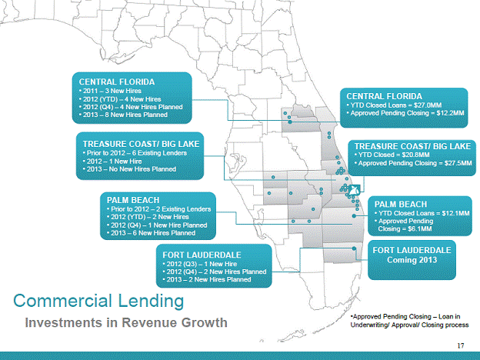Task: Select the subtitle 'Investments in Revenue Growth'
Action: pos(128,322)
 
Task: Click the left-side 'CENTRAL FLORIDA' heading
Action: pos(118,81)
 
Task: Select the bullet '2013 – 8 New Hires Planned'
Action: pos(125,115)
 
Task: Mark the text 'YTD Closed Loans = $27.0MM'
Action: pos(397,104)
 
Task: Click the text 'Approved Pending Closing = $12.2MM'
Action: pos(406,112)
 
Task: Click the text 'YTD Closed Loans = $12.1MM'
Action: pos(418,213)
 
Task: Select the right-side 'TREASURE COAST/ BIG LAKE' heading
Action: pos(412,145)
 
